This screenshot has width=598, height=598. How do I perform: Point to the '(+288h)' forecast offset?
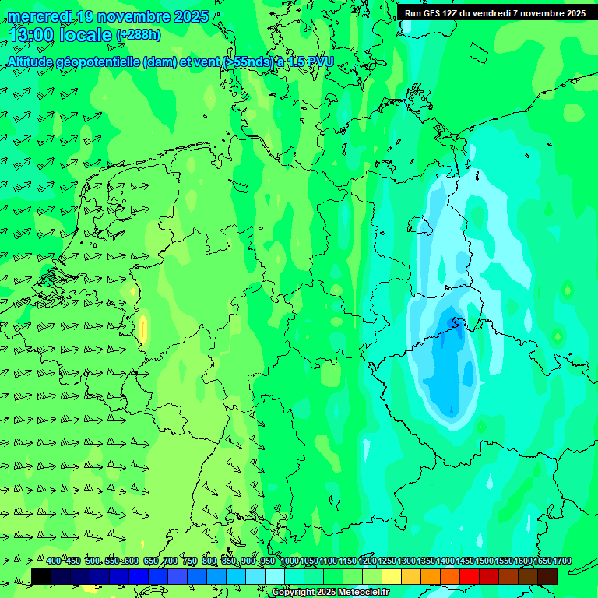click(138, 35)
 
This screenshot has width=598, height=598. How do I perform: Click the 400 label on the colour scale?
click(52, 561)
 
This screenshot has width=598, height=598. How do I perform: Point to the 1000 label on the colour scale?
click(290, 561)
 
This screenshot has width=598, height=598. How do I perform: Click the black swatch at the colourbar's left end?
click(41, 576)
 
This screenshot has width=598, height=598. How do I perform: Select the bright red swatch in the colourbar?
click(470, 576)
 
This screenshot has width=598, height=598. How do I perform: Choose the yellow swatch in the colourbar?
click(392, 576)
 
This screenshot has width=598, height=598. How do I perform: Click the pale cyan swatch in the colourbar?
click(275, 576)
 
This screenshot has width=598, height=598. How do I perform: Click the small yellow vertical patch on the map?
click(143, 328)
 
